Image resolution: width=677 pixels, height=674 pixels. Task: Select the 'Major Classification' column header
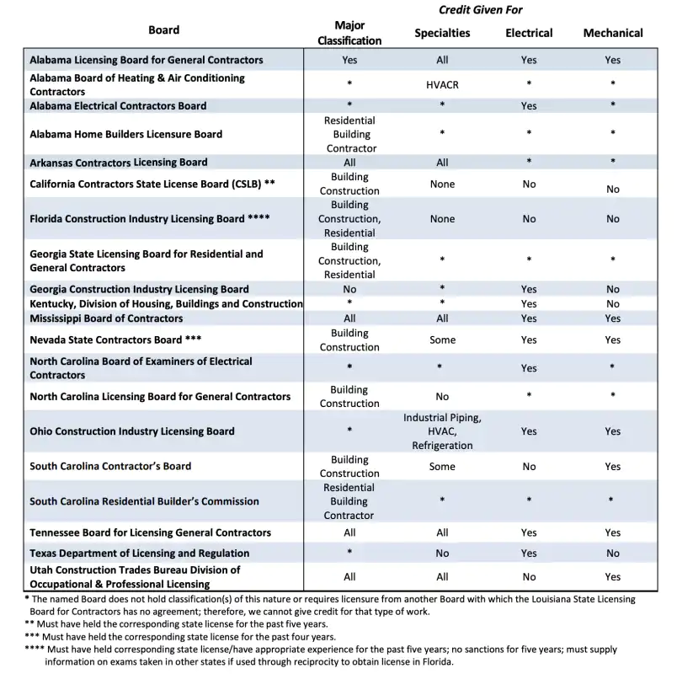point(350,33)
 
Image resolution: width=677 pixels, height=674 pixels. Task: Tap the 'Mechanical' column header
point(612,33)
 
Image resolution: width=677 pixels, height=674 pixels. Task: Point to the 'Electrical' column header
point(529,33)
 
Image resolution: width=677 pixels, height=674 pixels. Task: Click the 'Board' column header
point(163,29)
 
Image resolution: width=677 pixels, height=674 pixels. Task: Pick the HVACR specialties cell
point(442,85)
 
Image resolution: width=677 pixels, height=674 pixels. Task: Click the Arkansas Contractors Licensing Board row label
point(118,163)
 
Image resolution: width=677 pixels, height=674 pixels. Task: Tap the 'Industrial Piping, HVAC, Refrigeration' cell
point(442,431)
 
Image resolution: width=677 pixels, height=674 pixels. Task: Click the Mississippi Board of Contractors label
point(106,318)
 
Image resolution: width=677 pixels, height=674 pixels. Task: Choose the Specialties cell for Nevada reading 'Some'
point(442,340)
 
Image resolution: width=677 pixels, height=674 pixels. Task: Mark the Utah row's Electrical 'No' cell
point(529,577)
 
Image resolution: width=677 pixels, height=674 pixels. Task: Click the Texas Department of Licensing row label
point(139,554)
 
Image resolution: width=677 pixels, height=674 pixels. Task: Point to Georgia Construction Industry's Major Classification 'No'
point(349,289)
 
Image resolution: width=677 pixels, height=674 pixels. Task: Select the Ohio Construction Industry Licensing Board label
point(131,431)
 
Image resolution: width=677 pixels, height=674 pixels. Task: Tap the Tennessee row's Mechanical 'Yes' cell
point(612,532)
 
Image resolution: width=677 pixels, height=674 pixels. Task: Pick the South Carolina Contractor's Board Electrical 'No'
point(529,466)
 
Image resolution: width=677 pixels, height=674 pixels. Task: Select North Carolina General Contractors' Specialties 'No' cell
point(442,396)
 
